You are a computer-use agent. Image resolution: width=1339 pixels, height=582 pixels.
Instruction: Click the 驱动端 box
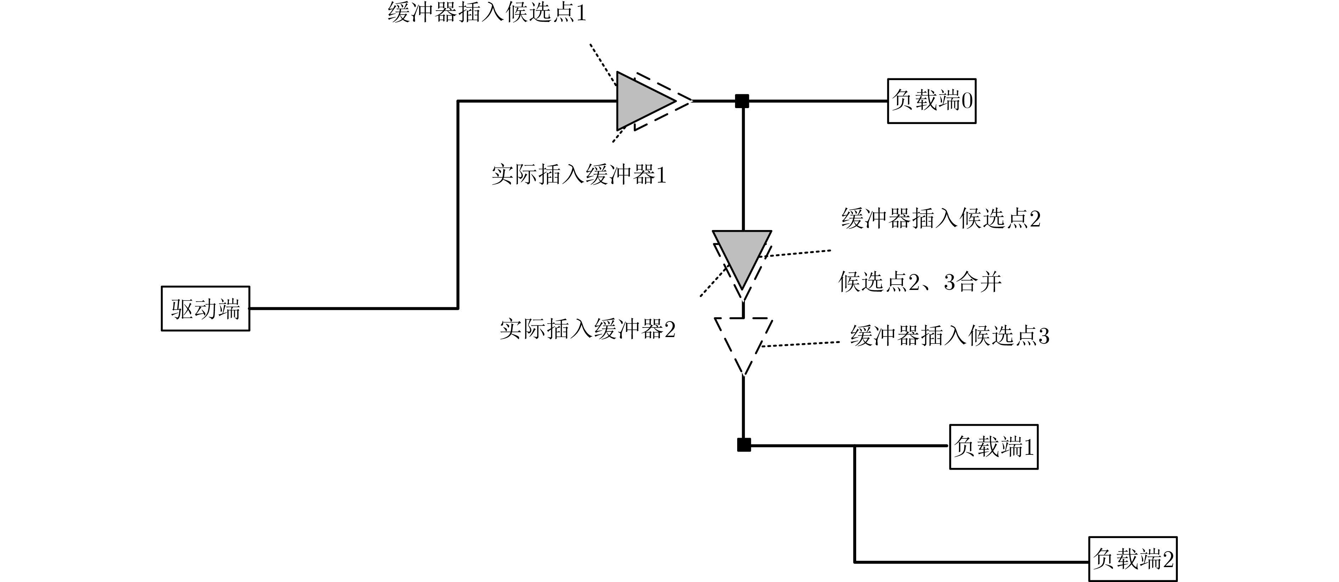pyautogui.click(x=205, y=308)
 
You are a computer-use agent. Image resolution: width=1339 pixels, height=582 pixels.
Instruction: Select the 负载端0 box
pyautogui.click(x=932, y=101)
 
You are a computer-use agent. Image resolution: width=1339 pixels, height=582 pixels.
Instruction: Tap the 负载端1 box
pyautogui.click(x=994, y=447)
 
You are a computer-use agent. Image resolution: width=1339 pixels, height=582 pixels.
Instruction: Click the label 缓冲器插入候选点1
pyautogui.click(x=487, y=12)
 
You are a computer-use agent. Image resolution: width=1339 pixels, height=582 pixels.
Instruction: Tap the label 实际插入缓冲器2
pyautogui.click(x=587, y=329)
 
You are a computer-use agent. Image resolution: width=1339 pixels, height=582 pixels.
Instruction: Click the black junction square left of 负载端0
pyautogui.click(x=742, y=101)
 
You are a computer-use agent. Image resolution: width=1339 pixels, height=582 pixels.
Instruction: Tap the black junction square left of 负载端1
pyautogui.click(x=744, y=445)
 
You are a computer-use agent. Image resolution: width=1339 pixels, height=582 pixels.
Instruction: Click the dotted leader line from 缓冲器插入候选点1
pyautogui.click(x=603, y=65)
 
